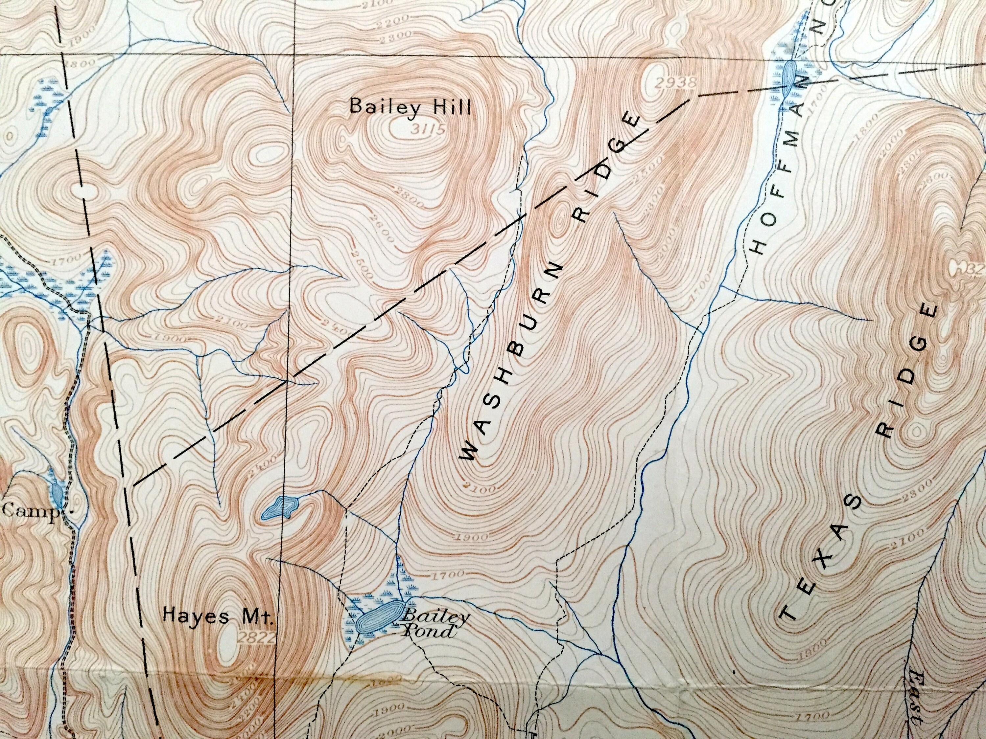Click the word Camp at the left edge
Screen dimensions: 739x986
(30, 511)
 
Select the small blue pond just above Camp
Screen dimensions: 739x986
(57, 492)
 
